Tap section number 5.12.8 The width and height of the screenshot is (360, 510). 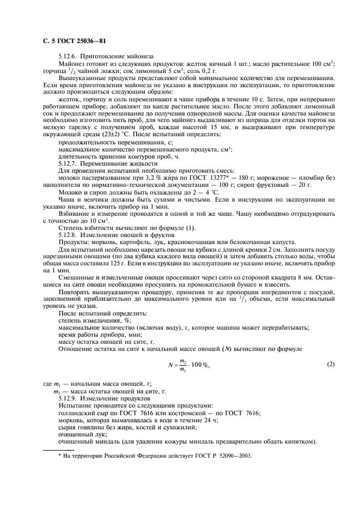coord(69,234)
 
